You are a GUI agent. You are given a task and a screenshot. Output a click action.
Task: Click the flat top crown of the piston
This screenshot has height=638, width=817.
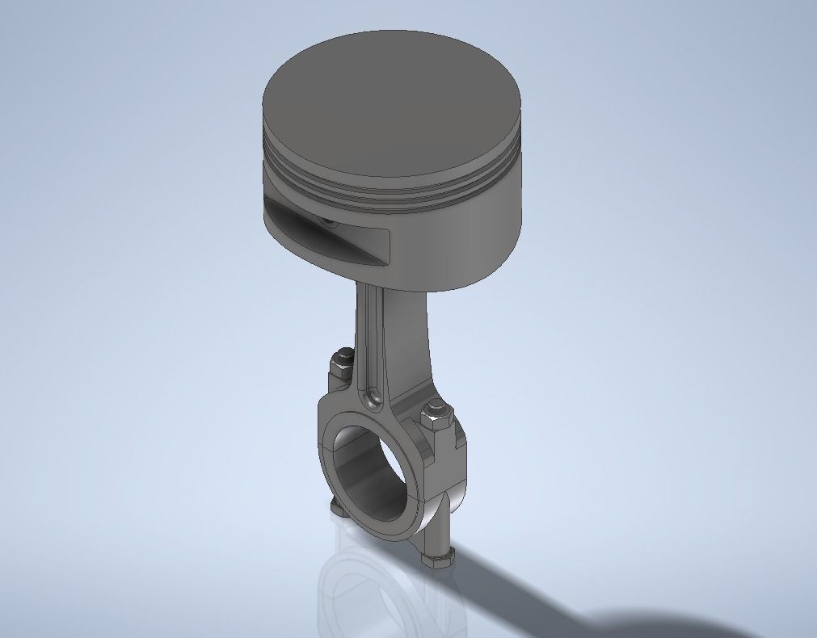click(x=392, y=97)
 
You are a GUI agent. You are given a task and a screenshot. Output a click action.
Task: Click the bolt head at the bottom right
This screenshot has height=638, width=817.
click(x=438, y=559)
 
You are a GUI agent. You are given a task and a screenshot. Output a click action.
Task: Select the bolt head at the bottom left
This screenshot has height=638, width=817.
click(x=338, y=509)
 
